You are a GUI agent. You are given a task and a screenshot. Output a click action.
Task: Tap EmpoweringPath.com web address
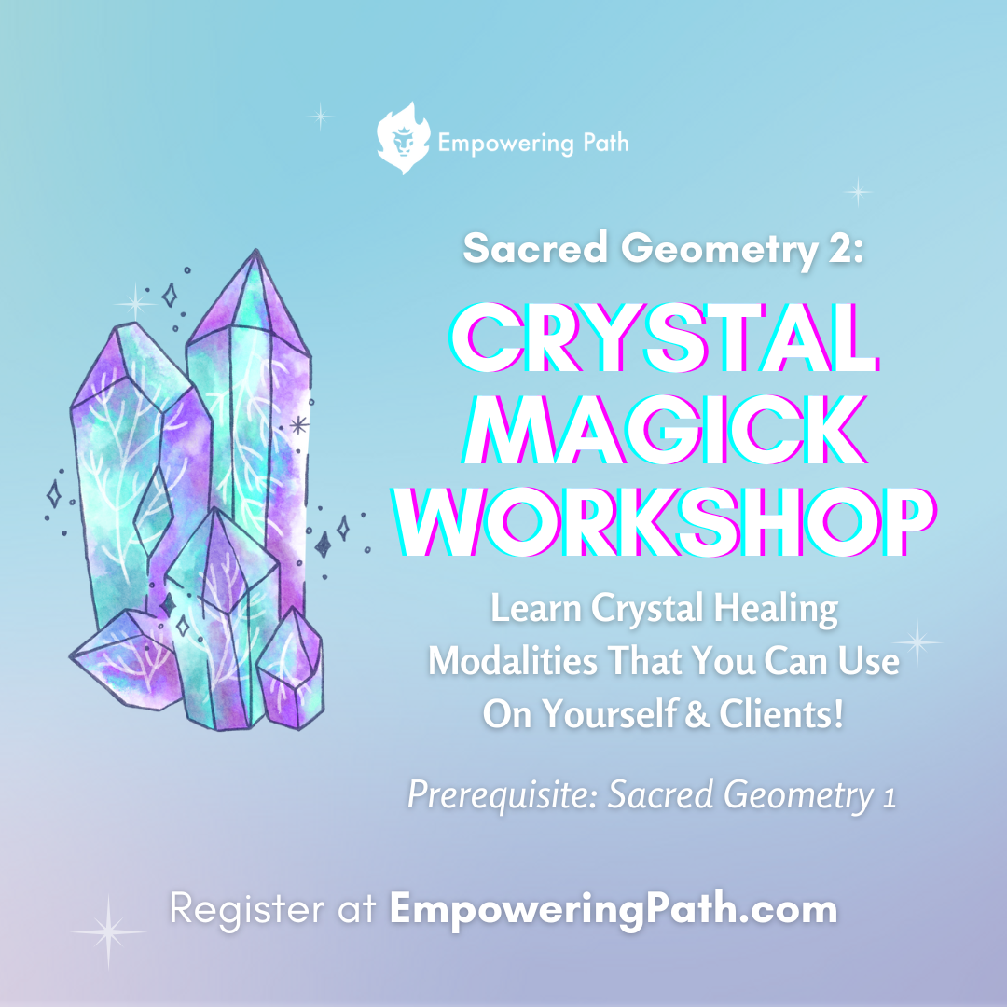pyautogui.click(x=614, y=909)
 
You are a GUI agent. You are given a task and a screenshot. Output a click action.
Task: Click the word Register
pyautogui.click(x=240, y=909)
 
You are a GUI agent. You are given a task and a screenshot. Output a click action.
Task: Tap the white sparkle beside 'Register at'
pyautogui.click(x=108, y=931)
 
